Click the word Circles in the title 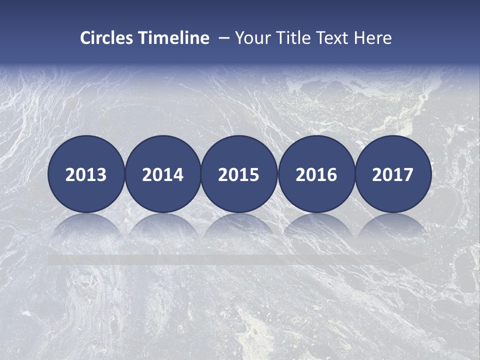click(x=106, y=38)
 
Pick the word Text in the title click(x=334, y=38)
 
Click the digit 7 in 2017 click(x=408, y=175)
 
